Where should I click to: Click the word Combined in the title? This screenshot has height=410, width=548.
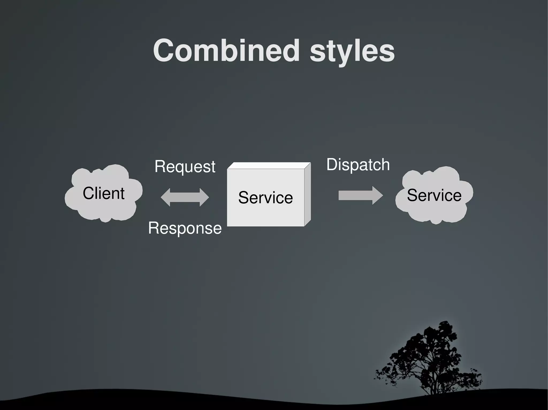click(226, 50)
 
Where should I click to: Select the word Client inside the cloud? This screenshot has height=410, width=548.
click(104, 193)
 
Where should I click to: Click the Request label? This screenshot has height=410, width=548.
click(185, 167)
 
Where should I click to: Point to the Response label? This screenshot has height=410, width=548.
click(185, 228)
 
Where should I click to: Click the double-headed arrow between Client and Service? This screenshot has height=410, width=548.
click(185, 197)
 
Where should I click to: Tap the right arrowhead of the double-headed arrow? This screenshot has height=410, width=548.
click(204, 197)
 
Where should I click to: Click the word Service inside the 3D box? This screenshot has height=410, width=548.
click(265, 198)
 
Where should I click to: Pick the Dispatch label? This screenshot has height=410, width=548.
click(358, 165)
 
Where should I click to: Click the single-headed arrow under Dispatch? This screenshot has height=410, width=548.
click(356, 195)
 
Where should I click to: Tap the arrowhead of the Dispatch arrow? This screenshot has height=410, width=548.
click(378, 195)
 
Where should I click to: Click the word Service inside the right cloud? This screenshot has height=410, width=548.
click(434, 195)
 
